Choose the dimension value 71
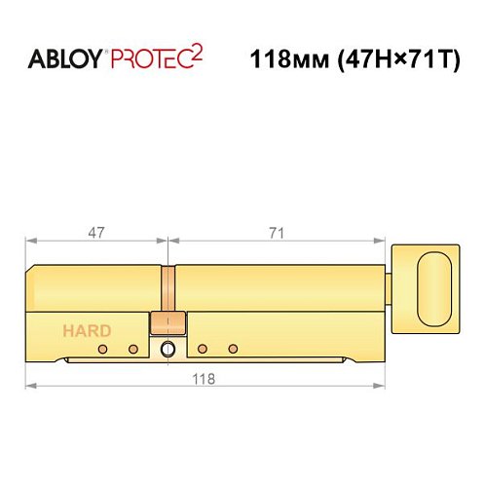pyautogui.click(x=279, y=232)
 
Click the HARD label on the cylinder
pyautogui.click(x=87, y=330)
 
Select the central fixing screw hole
pyautogui.click(x=168, y=349)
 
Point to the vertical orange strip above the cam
pyautogui.click(x=168, y=288)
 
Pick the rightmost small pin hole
pyautogui.click(x=232, y=349)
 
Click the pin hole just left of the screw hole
pyautogui.click(x=132, y=349)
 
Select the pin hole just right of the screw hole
pyautogui.click(x=202, y=349)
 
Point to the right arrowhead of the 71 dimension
pyautogui.click(x=386, y=241)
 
